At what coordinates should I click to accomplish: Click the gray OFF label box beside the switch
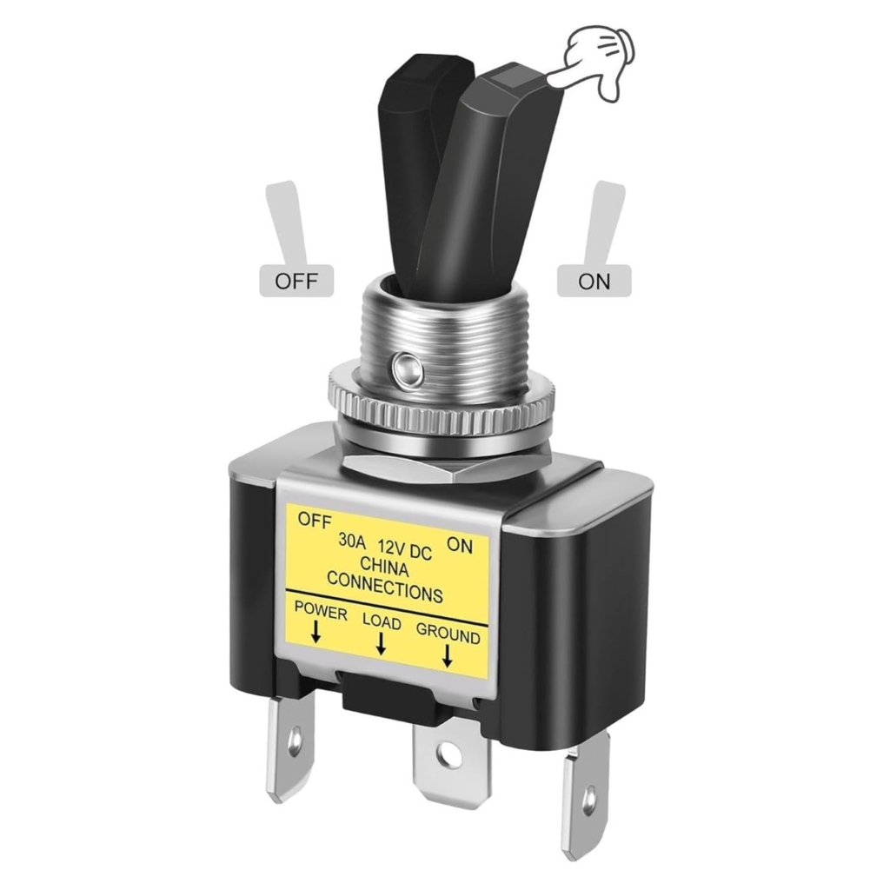(296, 281)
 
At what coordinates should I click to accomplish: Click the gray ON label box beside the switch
(594, 281)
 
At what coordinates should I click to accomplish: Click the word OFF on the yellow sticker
(314, 521)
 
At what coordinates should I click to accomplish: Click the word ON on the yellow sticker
(460, 545)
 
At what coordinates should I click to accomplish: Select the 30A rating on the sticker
(353, 541)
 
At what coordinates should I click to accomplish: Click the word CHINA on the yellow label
(384, 567)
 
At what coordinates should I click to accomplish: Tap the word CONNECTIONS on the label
(385, 587)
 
